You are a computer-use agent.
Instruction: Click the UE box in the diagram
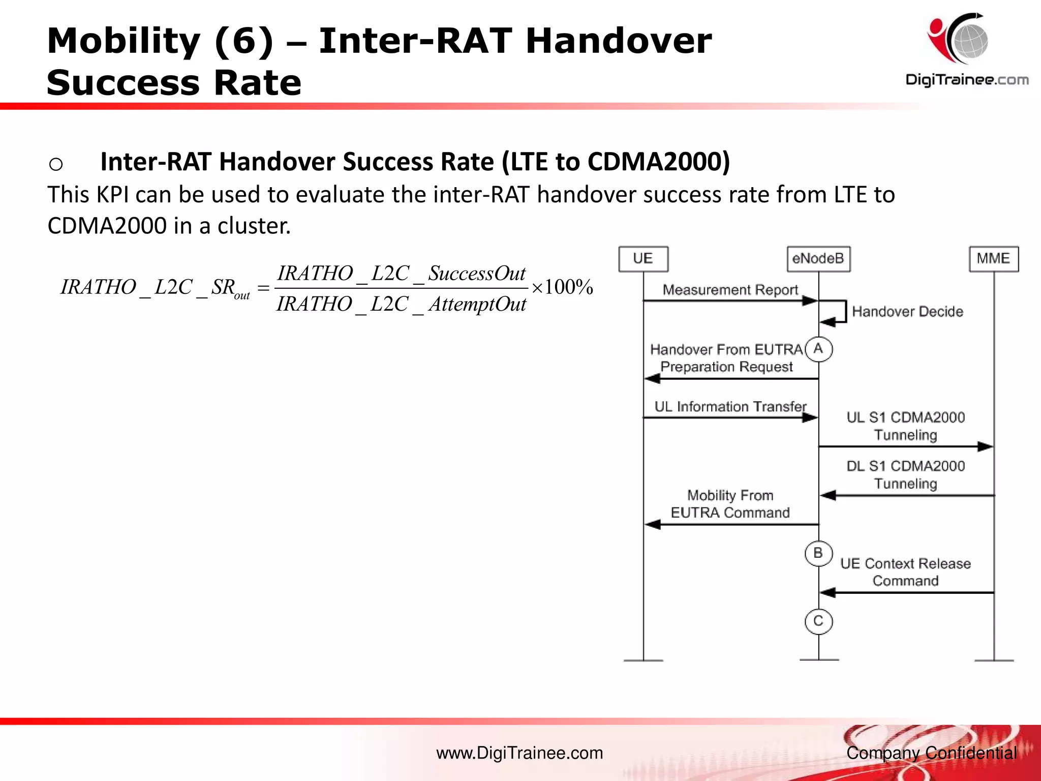coord(643,259)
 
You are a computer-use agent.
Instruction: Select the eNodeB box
coord(818,259)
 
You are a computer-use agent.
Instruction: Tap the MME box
coord(993,259)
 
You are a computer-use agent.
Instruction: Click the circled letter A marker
coord(818,349)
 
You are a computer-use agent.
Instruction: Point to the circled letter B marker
coord(818,553)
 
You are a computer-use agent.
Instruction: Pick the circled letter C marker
coord(818,621)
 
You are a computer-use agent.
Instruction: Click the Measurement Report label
coord(730,290)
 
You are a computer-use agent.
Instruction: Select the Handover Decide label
coord(907,312)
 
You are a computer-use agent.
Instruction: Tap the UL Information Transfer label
coord(730,407)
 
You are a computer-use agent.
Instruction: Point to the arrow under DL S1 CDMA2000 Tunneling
coord(907,495)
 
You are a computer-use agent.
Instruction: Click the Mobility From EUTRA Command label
coord(730,504)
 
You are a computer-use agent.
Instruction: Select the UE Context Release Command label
coord(905,572)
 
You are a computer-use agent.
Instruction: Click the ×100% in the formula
coord(562,288)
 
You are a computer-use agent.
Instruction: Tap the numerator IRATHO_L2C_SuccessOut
coord(401,274)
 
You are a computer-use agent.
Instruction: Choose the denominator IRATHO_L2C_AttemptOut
coord(401,305)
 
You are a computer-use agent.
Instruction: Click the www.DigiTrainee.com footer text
coord(519,753)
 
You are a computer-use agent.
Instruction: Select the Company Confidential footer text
coord(931,753)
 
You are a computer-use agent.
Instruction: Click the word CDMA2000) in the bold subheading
coord(658,162)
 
